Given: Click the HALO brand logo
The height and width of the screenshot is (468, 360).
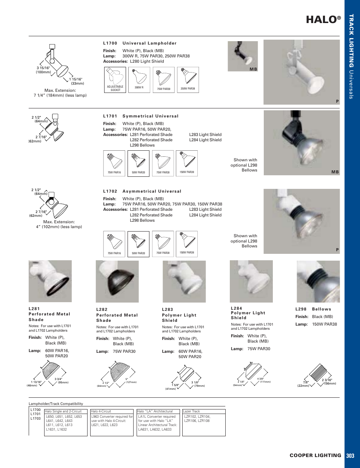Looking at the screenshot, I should (323, 20).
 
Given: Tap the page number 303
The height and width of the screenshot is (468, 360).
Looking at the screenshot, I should (350, 456).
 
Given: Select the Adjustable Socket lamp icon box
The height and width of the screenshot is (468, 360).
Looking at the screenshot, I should (115, 80).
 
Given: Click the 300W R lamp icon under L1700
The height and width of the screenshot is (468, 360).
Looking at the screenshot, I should (139, 80).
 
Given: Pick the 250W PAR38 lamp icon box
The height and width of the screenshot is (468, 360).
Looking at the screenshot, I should (188, 80).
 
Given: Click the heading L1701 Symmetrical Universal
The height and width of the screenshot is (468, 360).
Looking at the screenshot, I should (141, 116).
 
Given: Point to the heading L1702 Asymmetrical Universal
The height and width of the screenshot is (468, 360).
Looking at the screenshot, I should (142, 191).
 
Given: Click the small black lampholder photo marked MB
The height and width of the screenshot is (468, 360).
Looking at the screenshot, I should (243, 56).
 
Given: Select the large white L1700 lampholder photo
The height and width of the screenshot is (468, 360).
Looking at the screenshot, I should (302, 72).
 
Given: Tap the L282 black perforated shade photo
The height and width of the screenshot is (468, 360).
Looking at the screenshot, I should (117, 281).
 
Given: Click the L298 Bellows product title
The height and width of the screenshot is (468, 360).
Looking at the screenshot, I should (313, 309).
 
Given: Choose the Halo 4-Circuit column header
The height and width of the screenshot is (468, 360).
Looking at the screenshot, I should (112, 411).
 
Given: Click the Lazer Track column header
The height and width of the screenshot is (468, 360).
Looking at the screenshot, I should (204, 411).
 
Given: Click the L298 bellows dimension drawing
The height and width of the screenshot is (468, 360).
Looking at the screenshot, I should (319, 375).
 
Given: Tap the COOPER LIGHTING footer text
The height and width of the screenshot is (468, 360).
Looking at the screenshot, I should (315, 456).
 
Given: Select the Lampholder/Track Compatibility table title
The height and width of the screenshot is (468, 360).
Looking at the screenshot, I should (56, 403).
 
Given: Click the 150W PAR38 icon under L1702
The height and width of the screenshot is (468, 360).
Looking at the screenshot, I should (187, 244).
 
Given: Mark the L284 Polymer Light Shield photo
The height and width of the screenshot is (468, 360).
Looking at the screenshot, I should (251, 281).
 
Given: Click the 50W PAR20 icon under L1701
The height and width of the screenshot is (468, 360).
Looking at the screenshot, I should (138, 164).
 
